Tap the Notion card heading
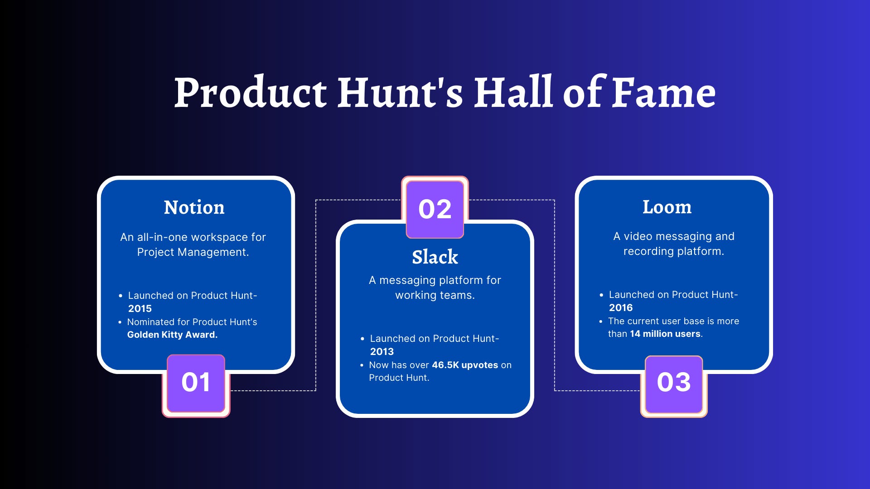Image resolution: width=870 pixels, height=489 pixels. (x=194, y=207)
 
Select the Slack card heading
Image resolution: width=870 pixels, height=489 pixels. (x=435, y=257)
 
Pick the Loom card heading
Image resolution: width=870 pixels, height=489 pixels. (x=667, y=207)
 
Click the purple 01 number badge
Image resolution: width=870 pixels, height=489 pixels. (x=196, y=383)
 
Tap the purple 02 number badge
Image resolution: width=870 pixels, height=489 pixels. (x=435, y=209)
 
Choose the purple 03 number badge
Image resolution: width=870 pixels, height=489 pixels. (x=674, y=383)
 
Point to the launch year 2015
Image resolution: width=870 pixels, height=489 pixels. (x=140, y=309)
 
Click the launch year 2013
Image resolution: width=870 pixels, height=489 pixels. (x=382, y=352)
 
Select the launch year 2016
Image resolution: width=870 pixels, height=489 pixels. (x=620, y=308)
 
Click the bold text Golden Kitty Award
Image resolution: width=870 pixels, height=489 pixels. (x=172, y=335)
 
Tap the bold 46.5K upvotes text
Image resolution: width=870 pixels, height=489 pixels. (x=465, y=365)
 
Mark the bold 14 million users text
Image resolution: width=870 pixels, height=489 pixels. (x=665, y=334)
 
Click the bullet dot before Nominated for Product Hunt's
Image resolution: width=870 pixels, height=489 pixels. (x=120, y=322)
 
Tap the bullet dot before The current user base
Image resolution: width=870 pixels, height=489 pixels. (x=601, y=321)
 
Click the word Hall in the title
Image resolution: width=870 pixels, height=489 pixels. (x=513, y=93)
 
